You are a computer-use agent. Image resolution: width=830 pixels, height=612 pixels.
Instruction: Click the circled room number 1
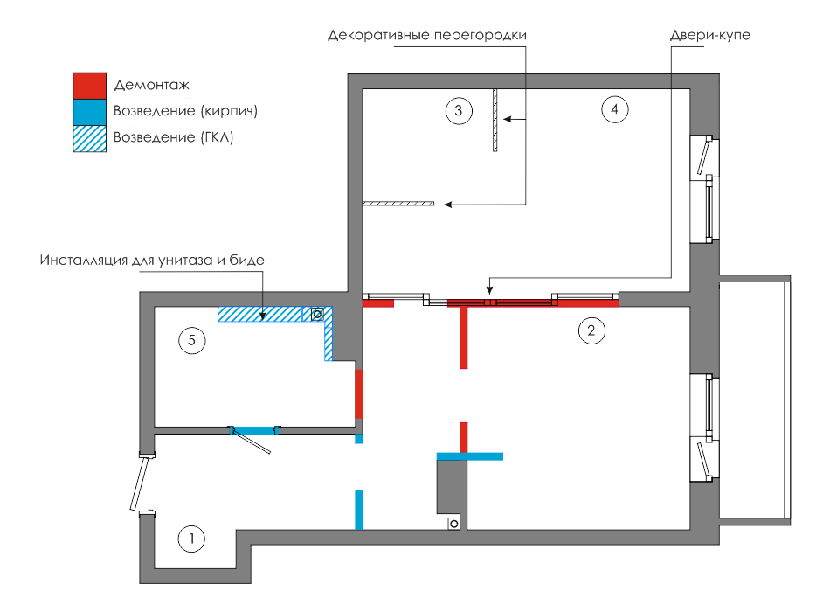tap(191, 539)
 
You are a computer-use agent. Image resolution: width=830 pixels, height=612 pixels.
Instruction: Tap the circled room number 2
tap(591, 330)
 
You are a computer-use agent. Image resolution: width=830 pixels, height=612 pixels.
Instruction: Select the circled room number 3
tap(459, 110)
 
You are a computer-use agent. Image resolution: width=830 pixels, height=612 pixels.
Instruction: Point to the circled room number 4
tap(614, 109)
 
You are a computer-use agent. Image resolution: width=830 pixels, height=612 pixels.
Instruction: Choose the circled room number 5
tap(191, 340)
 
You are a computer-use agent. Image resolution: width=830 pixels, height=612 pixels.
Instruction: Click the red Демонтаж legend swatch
tap(89, 86)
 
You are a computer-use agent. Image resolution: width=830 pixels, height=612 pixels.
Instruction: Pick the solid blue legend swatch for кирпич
tap(89, 112)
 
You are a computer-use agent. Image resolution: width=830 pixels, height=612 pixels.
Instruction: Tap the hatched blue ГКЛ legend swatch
tap(89, 139)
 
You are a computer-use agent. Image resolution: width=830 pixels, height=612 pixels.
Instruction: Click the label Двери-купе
tap(709, 35)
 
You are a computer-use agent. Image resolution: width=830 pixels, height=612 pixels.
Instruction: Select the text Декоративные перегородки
tap(426, 36)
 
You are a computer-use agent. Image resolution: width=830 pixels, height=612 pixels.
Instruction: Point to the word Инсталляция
tap(84, 261)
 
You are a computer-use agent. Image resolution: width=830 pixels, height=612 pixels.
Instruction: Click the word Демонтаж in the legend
tap(151, 85)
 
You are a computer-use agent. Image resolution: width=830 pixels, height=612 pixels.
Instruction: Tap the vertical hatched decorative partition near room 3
tap(495, 121)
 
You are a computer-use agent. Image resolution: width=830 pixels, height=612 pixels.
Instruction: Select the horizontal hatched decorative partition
tap(398, 204)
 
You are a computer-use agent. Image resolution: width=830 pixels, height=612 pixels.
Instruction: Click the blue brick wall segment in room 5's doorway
tap(254, 431)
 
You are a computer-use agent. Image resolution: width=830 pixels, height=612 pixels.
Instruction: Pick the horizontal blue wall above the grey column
tap(469, 456)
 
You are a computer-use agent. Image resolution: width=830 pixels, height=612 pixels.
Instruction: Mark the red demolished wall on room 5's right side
tap(359, 393)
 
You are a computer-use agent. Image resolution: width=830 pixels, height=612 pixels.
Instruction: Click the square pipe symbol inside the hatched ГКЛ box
tap(317, 314)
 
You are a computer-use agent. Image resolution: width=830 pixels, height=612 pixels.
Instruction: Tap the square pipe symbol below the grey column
tap(453, 524)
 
